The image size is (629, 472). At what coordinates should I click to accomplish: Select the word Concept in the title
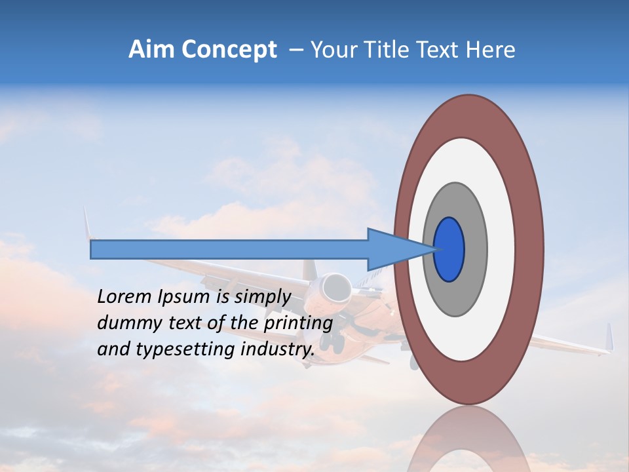(x=229, y=50)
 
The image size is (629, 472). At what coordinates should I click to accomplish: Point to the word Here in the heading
(x=491, y=50)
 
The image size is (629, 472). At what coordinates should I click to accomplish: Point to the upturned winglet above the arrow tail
(x=86, y=223)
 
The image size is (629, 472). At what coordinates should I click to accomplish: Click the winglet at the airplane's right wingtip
(x=609, y=338)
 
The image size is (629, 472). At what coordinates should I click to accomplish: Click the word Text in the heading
(x=444, y=50)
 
